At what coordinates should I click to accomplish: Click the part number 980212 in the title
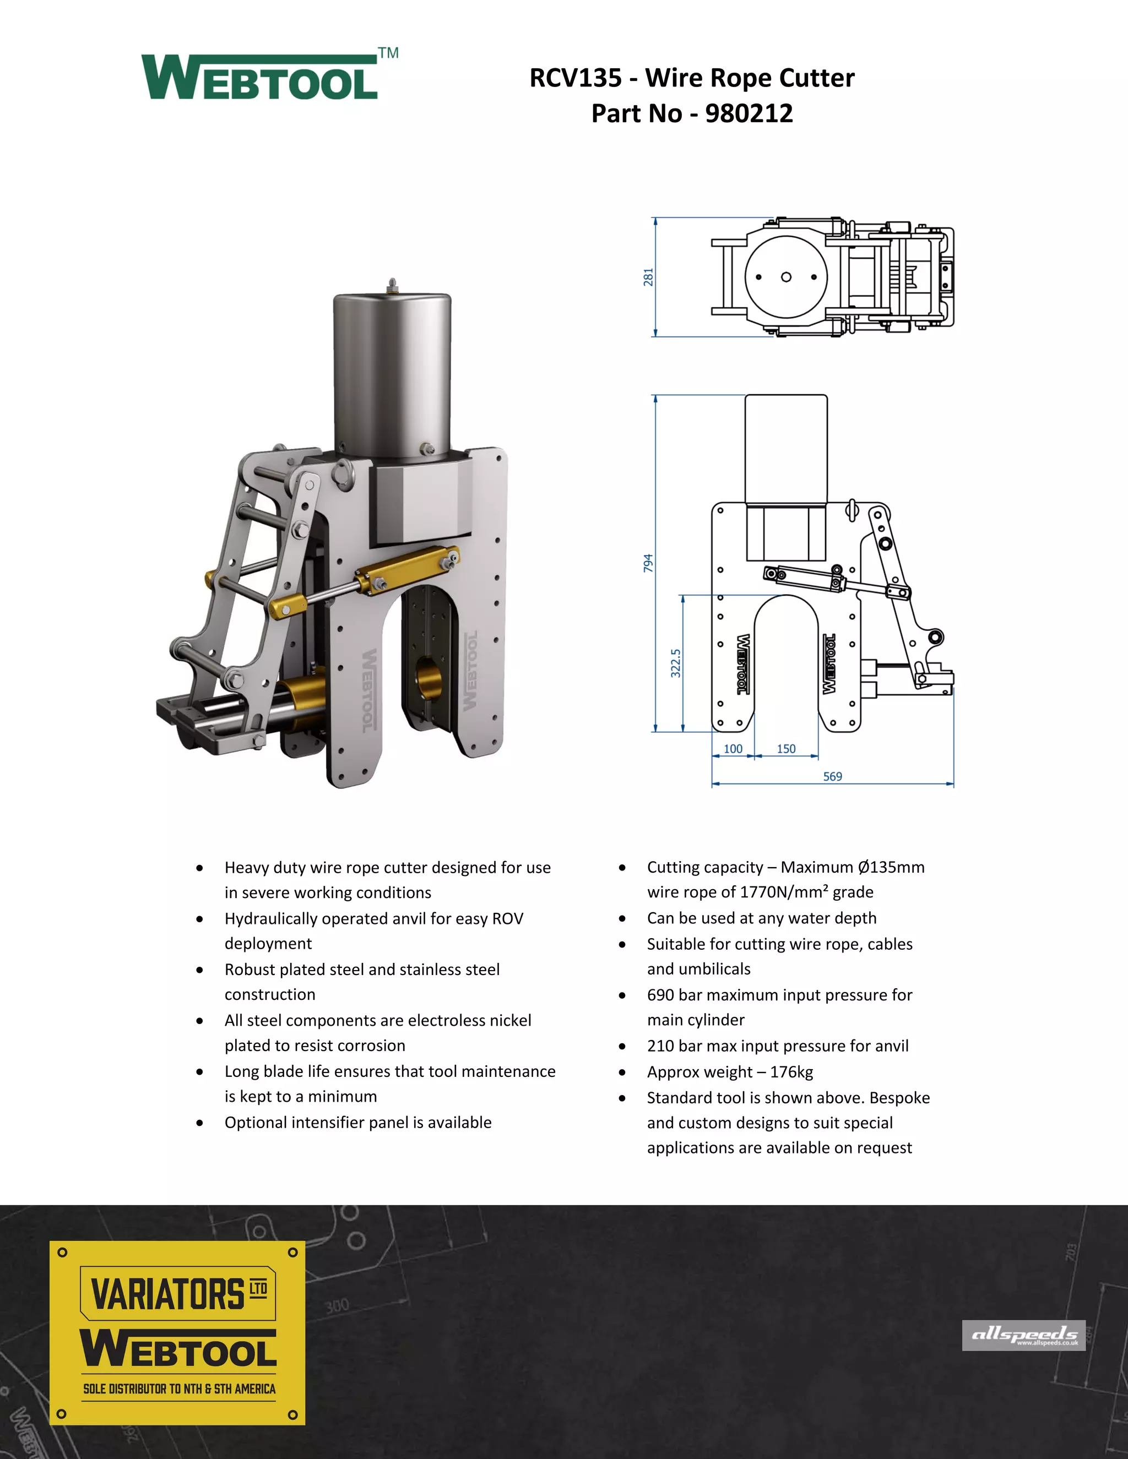[749, 113]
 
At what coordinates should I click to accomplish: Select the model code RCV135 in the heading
[576, 78]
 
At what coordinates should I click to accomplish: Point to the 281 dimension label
[648, 277]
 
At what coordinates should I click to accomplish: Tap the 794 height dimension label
[648, 563]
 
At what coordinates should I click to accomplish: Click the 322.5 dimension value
[676, 663]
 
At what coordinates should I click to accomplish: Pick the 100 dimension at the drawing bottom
[733, 749]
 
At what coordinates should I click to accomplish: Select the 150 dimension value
[786, 749]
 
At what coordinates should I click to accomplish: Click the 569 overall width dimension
[832, 776]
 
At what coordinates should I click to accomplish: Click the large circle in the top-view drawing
[786, 276]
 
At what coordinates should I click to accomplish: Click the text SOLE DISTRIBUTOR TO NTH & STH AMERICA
[179, 1389]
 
